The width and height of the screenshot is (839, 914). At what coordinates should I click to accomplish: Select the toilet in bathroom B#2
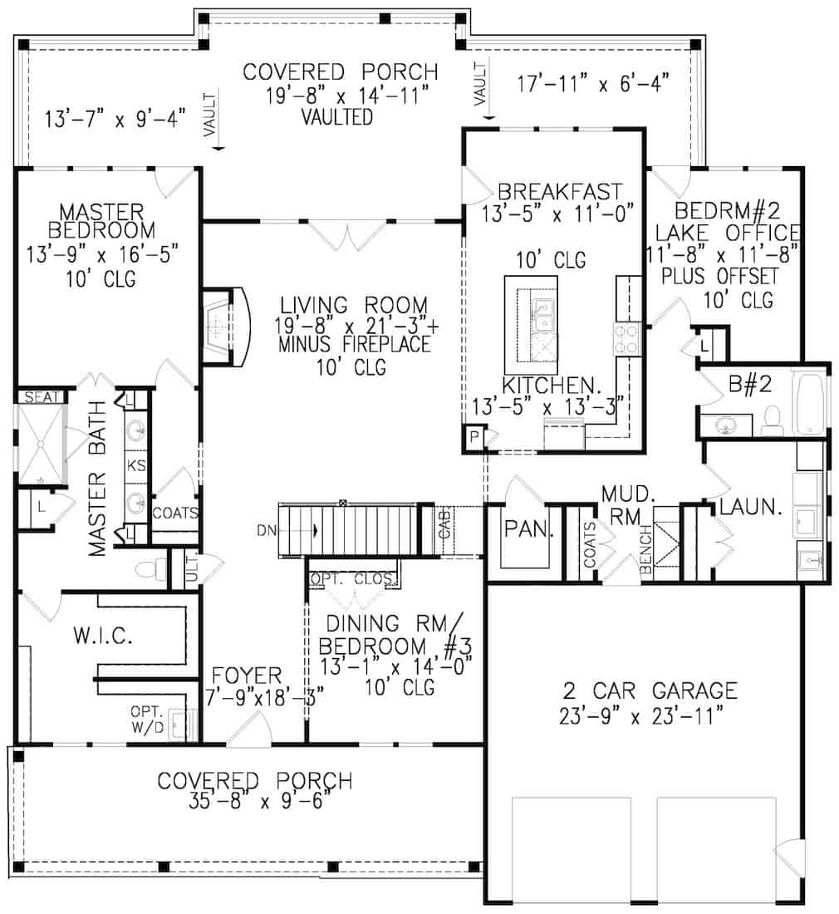tap(772, 420)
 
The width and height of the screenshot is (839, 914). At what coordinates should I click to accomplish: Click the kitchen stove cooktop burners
tap(625, 340)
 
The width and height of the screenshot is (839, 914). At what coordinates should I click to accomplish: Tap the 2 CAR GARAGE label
tap(649, 690)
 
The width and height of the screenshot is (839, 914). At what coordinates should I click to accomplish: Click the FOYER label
tap(246, 675)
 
